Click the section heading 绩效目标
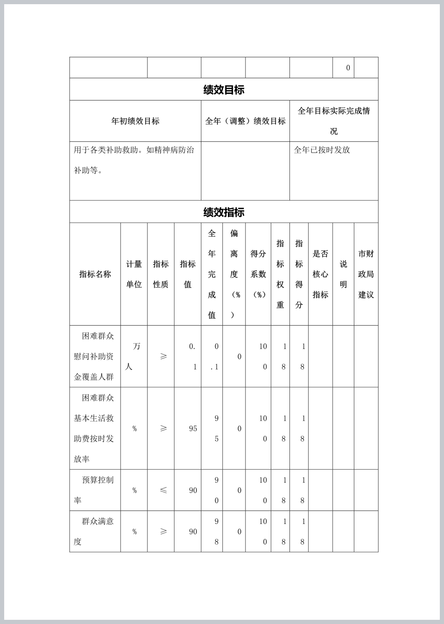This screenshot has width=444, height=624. pos(224,90)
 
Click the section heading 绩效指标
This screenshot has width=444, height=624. pos(224,212)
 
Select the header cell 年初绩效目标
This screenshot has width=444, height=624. pos(135,121)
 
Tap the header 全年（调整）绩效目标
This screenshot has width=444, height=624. pos(245,121)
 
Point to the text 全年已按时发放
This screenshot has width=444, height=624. pos(322,150)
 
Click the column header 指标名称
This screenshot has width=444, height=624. pos(95,274)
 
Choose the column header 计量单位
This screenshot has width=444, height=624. pos(134,274)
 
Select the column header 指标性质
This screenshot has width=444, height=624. pos(160,274)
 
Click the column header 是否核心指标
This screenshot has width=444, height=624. pos(320,274)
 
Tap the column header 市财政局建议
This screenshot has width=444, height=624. pos(366,274)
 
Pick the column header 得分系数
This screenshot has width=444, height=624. pos(258,274)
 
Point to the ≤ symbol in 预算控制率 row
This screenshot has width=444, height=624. pos(163,490)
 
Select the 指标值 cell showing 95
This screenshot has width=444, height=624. pos(193,429)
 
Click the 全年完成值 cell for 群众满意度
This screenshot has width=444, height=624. pos(216,532)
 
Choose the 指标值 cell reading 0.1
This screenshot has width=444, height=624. pos(192,357)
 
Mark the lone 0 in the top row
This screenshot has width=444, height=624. pos(348,68)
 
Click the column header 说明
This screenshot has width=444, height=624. pos(343,274)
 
